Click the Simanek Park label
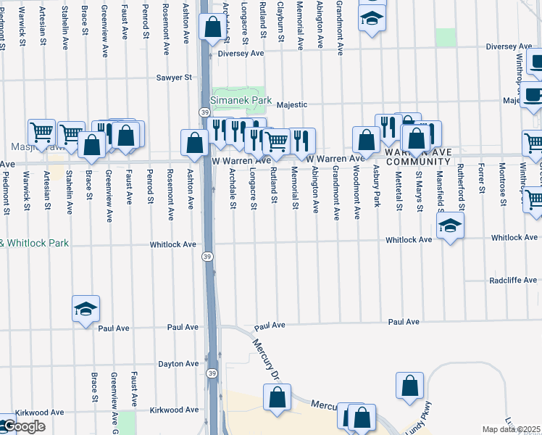click(241, 100)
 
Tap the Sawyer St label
click(174, 77)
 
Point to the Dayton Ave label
click(178, 364)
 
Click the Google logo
click(23, 426)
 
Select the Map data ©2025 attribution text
click(512, 429)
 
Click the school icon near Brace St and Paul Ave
click(86, 310)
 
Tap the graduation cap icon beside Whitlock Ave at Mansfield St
click(450, 226)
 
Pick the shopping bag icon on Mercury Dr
click(277, 397)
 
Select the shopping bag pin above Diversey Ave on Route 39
click(212, 28)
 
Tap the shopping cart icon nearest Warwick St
click(42, 132)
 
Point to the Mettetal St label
click(399, 187)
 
